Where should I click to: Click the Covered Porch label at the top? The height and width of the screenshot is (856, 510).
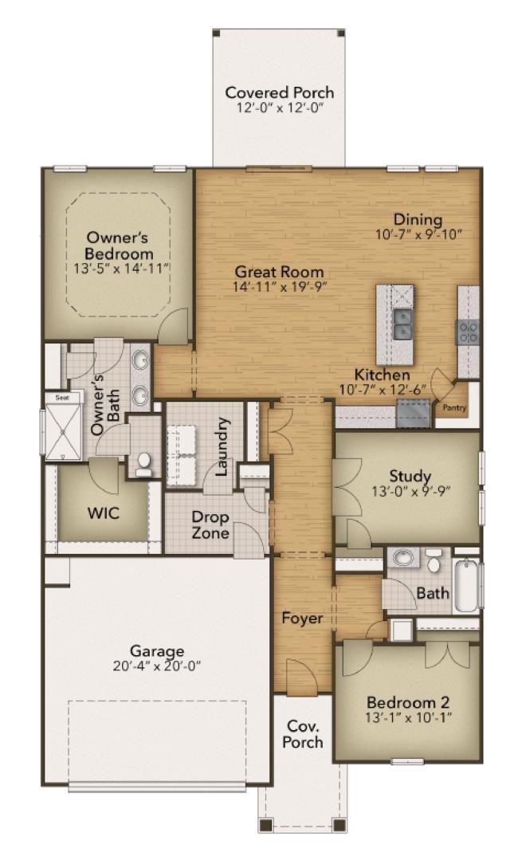(x=279, y=92)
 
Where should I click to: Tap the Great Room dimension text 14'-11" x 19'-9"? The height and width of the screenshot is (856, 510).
(x=280, y=287)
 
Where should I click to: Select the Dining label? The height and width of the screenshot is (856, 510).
(x=418, y=220)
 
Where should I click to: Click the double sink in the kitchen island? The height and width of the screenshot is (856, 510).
(x=403, y=324)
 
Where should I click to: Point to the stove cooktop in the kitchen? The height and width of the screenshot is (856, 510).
(x=468, y=332)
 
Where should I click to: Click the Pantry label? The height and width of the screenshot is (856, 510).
(x=454, y=407)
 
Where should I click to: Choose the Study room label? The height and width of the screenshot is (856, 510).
(x=410, y=476)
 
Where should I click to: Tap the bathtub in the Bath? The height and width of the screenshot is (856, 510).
(x=468, y=585)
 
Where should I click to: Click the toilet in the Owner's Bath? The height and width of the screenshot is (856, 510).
(x=144, y=464)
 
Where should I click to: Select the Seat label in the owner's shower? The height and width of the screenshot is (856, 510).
(x=62, y=398)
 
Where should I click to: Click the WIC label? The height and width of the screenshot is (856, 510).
(x=104, y=513)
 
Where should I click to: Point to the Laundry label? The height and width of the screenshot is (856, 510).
(x=221, y=446)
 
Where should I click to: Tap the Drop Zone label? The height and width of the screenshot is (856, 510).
(x=210, y=524)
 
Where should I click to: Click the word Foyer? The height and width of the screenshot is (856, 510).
(x=302, y=618)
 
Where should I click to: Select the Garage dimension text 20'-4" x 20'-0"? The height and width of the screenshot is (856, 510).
(x=157, y=666)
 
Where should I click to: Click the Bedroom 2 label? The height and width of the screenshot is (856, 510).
(x=408, y=703)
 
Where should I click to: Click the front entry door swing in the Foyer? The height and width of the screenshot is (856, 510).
(x=301, y=677)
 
